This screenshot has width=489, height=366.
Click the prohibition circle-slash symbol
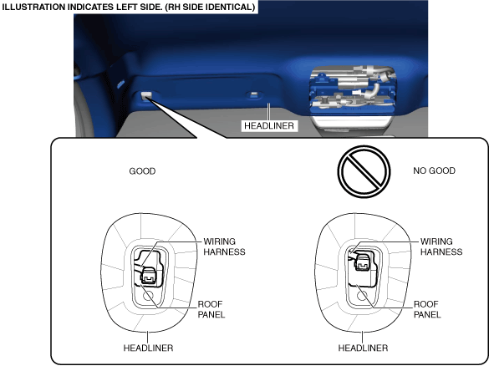[x=364, y=171]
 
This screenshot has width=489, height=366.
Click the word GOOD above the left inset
[x=142, y=171]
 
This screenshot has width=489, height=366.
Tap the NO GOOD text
[x=434, y=170]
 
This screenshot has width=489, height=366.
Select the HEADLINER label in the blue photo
[x=269, y=125]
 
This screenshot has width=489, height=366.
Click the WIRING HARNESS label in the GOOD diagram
[x=224, y=247]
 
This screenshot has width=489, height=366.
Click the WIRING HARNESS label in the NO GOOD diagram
[x=441, y=247]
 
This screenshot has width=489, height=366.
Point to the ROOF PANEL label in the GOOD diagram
[x=211, y=309]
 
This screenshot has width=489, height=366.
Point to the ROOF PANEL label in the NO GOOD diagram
[x=427, y=309]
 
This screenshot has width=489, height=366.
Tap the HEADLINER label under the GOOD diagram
[x=148, y=348]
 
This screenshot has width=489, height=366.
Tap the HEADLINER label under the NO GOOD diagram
[x=363, y=348]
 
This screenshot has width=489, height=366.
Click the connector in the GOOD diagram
[x=149, y=275]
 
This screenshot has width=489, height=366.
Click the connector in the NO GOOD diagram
[x=363, y=262]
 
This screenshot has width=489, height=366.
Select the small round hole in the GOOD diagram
[x=148, y=296]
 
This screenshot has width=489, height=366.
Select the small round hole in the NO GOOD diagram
[x=362, y=295]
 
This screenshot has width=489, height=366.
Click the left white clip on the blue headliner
[x=146, y=95]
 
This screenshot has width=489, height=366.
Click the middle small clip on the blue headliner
[x=254, y=94]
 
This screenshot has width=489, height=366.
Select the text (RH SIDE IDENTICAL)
[x=210, y=7]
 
